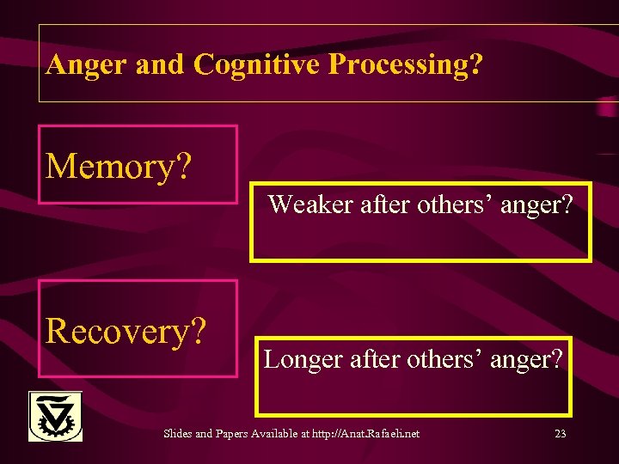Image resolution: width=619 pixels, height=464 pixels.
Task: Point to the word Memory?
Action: coord(119,166)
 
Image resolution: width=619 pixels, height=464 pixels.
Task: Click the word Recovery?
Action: coord(127,330)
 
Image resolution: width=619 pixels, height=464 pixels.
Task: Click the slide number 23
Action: coord(560,434)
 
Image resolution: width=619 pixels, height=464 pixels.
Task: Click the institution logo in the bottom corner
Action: coord(55,417)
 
